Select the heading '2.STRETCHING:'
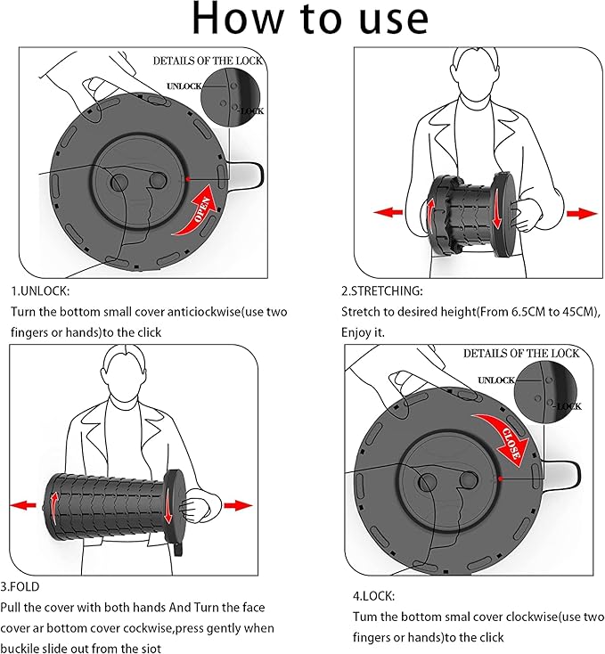click(x=382, y=291)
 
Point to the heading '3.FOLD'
click(x=20, y=586)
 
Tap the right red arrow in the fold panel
click(x=237, y=505)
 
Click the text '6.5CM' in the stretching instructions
click(x=511, y=312)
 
